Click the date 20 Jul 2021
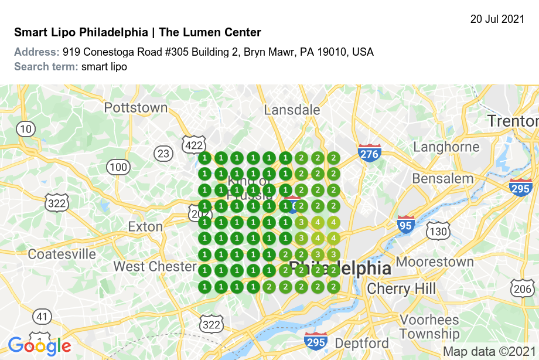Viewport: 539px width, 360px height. (497, 19)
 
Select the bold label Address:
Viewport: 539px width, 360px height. (36, 52)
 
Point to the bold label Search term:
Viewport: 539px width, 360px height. (46, 66)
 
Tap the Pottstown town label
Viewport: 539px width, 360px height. (135, 108)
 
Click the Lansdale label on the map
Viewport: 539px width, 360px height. (292, 110)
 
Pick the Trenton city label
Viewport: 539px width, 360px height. (513, 121)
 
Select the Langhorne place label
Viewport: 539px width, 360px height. (446, 147)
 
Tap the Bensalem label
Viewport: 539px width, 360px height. (442, 178)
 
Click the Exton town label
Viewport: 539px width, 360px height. (145, 227)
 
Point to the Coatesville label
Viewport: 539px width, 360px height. (62, 254)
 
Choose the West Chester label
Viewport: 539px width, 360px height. (155, 267)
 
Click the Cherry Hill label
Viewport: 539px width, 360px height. (401, 289)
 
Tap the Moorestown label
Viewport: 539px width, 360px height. (435, 261)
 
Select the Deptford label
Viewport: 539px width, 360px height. (361, 343)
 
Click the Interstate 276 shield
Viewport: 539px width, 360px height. (370, 153)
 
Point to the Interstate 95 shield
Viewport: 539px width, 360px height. (405, 225)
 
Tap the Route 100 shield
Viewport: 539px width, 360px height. (118, 167)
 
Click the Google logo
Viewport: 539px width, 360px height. (39, 346)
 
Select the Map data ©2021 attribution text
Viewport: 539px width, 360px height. (489, 352)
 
